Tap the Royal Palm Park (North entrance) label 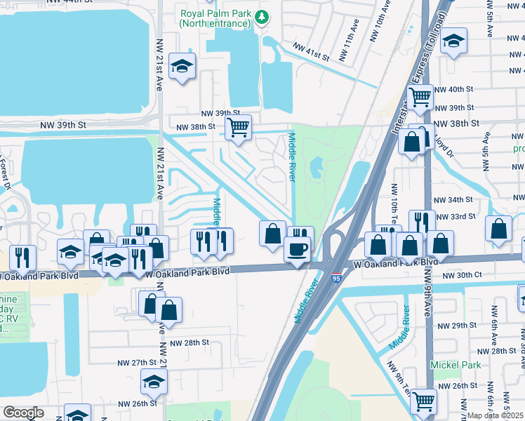pyautogui.click(x=215, y=18)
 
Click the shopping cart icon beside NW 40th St pyautogui.click(x=420, y=96)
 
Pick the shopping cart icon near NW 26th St pyautogui.click(x=424, y=401)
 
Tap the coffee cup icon pyautogui.click(x=297, y=249)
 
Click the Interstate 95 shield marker pyautogui.click(x=336, y=279)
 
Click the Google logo pyautogui.click(x=24, y=413)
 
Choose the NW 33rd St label pyautogui.click(x=455, y=216)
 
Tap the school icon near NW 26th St pyautogui.click(x=154, y=382)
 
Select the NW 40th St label pyautogui.click(x=455, y=89)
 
